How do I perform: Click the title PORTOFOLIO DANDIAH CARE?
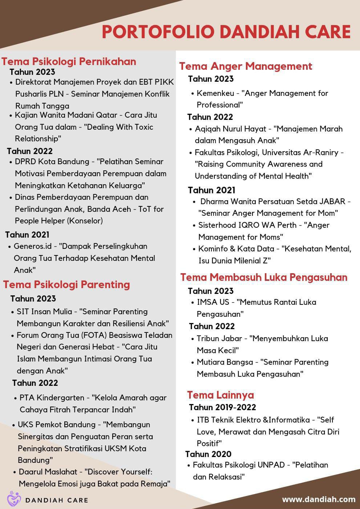[x=226, y=32]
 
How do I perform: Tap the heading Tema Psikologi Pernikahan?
[x=69, y=61]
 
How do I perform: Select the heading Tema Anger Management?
[x=246, y=66]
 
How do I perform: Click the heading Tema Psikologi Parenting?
[x=66, y=284]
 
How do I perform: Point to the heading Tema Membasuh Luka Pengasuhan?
[x=264, y=277]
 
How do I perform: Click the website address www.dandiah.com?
[x=319, y=499]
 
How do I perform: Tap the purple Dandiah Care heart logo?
[x=14, y=499]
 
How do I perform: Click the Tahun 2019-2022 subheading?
[x=222, y=407]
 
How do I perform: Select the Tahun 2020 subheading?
[x=208, y=454]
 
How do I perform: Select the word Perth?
[x=287, y=225]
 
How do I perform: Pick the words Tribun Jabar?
[x=219, y=339]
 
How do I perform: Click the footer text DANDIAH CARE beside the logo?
[x=57, y=500]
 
